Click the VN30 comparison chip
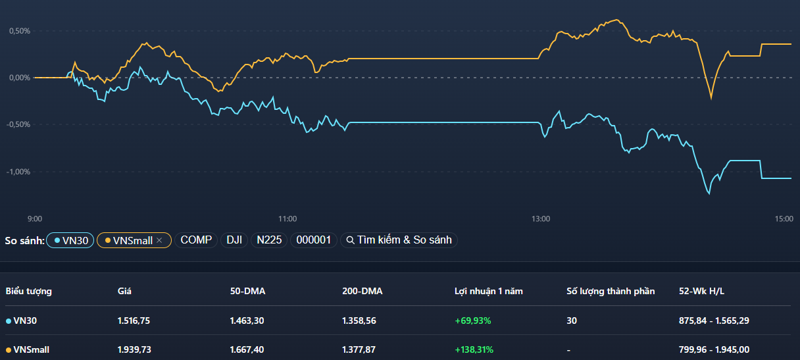coord(70,240)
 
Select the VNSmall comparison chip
coord(130,240)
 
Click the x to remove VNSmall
coord(159,240)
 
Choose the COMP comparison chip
coord(196,240)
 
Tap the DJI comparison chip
coord(234,240)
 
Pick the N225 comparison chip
coord(269,240)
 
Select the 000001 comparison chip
coord(313,240)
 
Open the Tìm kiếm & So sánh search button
coord(399,240)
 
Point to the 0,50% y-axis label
coord(20,31)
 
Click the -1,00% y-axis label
coord(19,172)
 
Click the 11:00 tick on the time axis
coord(287,219)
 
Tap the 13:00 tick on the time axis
coord(541,219)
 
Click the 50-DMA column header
coord(247,291)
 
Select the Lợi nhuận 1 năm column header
coord(488,291)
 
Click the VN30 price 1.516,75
coord(134,321)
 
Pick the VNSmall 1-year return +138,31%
coord(474,349)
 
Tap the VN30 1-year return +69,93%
coord(472,321)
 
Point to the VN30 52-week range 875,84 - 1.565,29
coord(714,321)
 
